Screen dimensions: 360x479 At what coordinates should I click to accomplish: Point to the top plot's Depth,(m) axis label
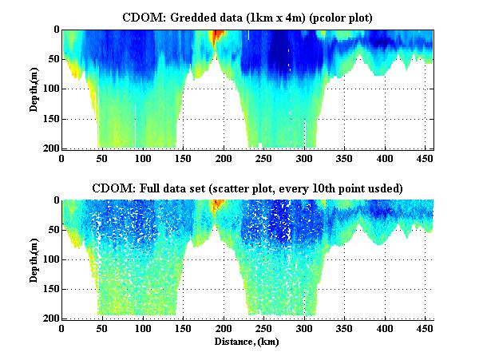click(x=35, y=89)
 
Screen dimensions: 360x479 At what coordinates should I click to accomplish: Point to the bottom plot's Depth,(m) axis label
click(x=35, y=259)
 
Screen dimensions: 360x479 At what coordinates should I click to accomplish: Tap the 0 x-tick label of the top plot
click(x=61, y=158)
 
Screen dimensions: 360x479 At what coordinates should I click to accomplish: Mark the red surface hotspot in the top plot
click(x=216, y=36)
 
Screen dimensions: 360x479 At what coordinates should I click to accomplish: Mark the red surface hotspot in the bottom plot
click(x=216, y=206)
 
